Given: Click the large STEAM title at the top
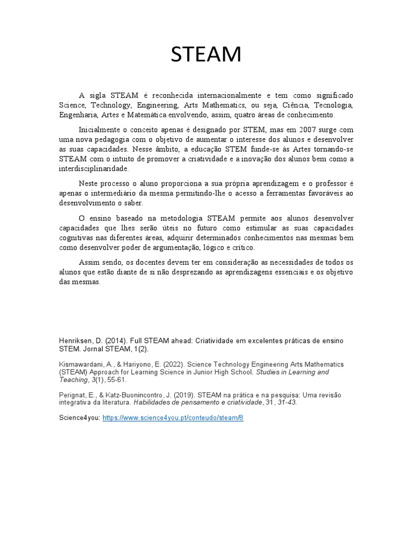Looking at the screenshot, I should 206,54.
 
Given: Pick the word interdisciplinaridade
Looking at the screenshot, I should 94,169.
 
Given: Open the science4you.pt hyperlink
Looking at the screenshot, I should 173,418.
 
